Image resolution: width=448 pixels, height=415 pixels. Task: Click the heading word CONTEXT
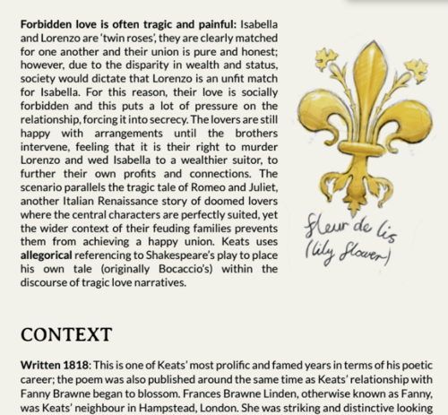click(59, 333)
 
